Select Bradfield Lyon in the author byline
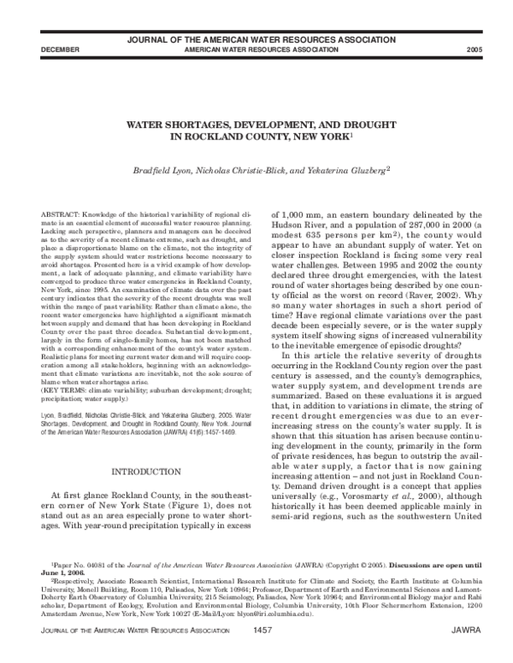pyautogui.click(x=161, y=171)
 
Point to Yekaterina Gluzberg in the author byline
pyautogui.click(x=345, y=171)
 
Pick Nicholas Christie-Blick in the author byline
pyautogui.click(x=244, y=171)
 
